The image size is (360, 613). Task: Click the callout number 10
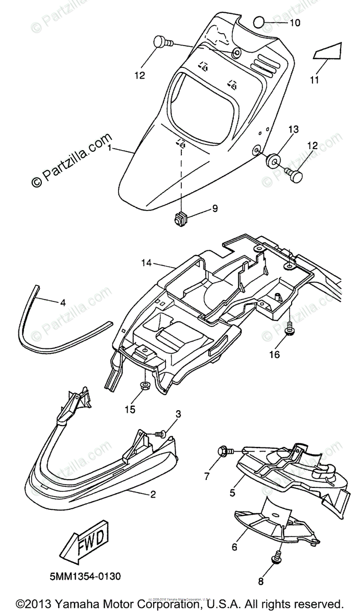pyautogui.click(x=296, y=23)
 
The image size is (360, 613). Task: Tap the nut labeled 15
pyautogui.click(x=145, y=384)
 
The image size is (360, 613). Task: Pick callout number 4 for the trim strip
pyautogui.click(x=63, y=302)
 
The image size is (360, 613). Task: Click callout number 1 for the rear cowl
pyautogui.click(x=110, y=148)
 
